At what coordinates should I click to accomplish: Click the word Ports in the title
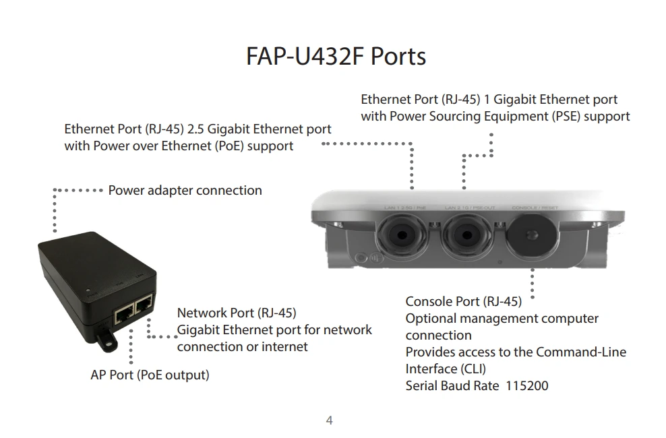pyautogui.click(x=398, y=56)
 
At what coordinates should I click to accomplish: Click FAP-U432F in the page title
pyautogui.click(x=305, y=56)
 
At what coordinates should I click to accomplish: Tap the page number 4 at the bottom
pyautogui.click(x=329, y=421)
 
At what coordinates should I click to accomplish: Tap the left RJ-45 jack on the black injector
pyautogui.click(x=125, y=312)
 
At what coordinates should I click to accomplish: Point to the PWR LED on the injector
pyautogui.click(x=89, y=292)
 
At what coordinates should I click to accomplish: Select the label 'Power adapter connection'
pyautogui.click(x=185, y=191)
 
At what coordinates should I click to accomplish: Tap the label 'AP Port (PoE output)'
pyautogui.click(x=150, y=375)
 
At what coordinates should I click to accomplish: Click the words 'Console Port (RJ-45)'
pyautogui.click(x=463, y=301)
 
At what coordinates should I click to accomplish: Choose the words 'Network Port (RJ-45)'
pyautogui.click(x=236, y=313)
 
